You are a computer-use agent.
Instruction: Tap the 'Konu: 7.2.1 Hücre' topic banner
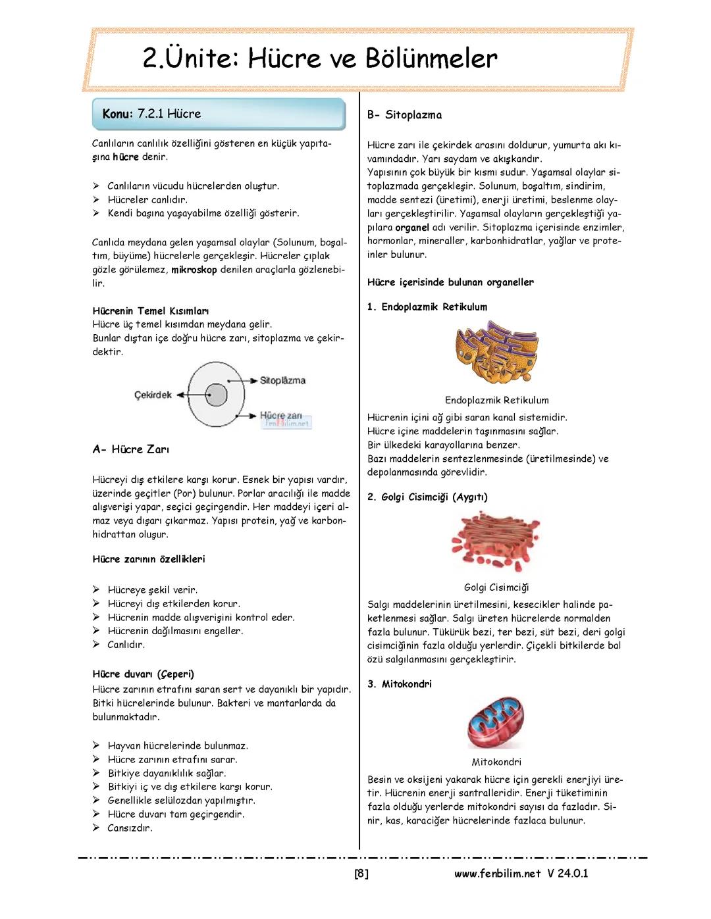click(x=219, y=114)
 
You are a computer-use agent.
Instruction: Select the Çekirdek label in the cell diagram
click(x=153, y=395)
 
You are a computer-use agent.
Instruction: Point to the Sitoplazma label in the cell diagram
click(x=282, y=381)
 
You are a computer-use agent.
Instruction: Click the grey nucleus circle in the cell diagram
click(x=215, y=395)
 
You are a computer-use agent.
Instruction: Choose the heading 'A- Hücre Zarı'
click(x=131, y=450)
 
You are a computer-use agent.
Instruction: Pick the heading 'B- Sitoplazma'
click(x=404, y=115)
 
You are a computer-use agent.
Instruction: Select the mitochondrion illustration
click(x=496, y=723)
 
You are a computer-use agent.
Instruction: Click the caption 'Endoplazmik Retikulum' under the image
click(x=496, y=401)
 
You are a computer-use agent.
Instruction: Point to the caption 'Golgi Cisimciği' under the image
click(x=496, y=587)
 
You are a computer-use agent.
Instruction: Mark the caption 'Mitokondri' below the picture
click(x=496, y=762)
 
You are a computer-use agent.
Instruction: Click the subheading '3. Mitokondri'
click(x=400, y=684)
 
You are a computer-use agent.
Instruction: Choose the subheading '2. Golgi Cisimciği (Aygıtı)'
click(x=427, y=497)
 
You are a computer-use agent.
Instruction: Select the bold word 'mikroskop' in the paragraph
click(x=194, y=270)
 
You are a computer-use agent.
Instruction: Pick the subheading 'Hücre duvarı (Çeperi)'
click(x=143, y=674)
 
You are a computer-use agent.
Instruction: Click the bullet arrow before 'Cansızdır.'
click(x=96, y=828)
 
